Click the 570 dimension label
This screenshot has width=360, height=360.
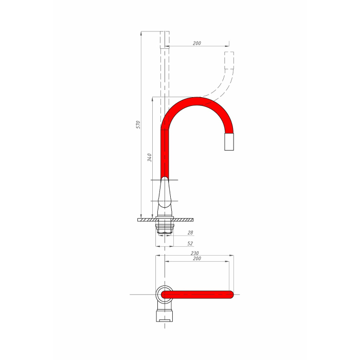click(138, 124)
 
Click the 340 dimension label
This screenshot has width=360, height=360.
click(149, 157)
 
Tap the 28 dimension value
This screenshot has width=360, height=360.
click(190, 232)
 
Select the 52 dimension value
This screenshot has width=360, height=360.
click(190, 243)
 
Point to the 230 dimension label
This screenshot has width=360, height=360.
click(195, 253)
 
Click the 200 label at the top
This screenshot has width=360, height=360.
click(197, 43)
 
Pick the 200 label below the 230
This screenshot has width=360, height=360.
click(197, 259)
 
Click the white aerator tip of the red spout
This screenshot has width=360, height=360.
click(229, 141)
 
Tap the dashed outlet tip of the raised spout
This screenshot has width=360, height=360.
click(229, 60)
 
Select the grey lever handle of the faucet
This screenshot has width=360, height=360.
click(165, 192)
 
